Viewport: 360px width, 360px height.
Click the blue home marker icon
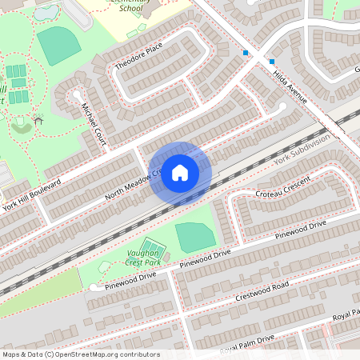point(179,173)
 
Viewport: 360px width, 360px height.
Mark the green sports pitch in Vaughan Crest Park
point(194,238)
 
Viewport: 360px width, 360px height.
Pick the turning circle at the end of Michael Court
point(78,94)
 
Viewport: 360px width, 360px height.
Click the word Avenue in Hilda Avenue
point(296,93)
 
